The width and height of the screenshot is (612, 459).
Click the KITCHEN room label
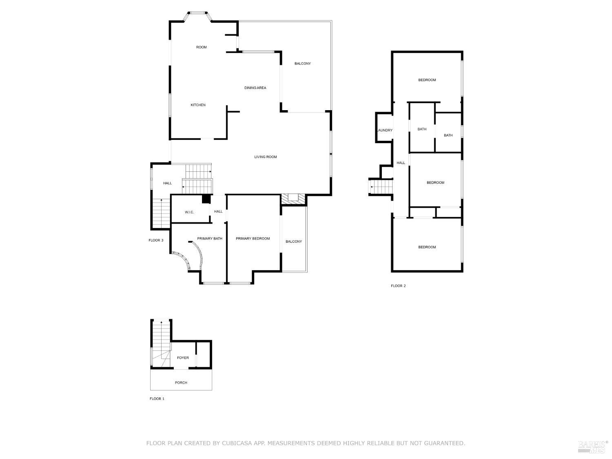click(x=198, y=105)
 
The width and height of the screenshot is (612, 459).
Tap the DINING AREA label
click(x=255, y=88)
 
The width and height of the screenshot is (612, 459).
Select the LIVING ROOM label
click(x=266, y=157)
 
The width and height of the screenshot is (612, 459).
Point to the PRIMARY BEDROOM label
click(x=253, y=239)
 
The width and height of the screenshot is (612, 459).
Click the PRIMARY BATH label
click(x=210, y=239)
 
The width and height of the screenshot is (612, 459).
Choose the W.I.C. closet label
click(x=189, y=212)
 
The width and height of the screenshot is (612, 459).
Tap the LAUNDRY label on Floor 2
click(x=385, y=131)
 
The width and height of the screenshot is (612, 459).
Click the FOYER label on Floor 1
click(x=183, y=358)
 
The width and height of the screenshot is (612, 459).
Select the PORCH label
click(x=181, y=383)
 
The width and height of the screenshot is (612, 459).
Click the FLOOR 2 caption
click(x=398, y=286)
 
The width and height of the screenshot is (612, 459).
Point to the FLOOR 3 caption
click(x=156, y=240)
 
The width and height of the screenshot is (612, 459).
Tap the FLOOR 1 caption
click(x=157, y=399)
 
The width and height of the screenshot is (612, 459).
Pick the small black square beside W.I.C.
click(x=206, y=199)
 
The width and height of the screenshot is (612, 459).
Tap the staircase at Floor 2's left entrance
click(x=381, y=187)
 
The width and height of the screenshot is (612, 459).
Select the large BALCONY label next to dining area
click(x=303, y=64)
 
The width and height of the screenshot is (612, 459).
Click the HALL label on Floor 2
click(x=401, y=163)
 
